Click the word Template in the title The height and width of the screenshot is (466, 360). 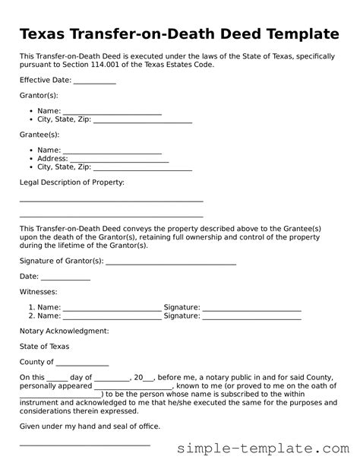(x=292, y=34)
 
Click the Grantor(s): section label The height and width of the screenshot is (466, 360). (x=38, y=96)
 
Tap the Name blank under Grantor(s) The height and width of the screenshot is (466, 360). (x=112, y=112)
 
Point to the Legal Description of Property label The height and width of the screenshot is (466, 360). (x=71, y=182)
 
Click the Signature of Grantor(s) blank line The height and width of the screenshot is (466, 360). (x=171, y=262)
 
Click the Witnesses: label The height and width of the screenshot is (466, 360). (x=38, y=291)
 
